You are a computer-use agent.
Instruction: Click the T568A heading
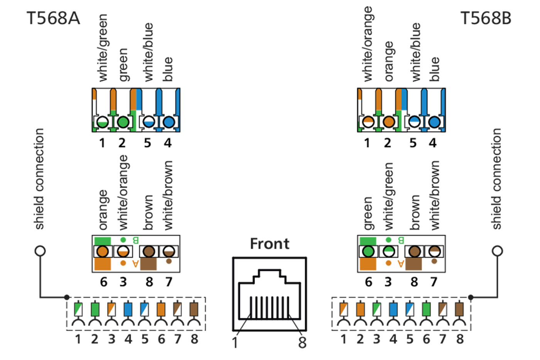point(53,18)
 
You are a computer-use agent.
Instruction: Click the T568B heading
point(486,18)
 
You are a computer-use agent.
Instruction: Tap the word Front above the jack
point(270,244)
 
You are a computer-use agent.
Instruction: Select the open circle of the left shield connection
point(40,251)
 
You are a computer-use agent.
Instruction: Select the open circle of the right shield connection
point(498,251)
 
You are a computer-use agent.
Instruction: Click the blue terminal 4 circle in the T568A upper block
point(169,122)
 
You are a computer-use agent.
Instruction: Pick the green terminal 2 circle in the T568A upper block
point(123,122)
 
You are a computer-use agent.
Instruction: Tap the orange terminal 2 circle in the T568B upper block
point(389,122)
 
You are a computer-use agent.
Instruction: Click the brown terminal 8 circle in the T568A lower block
point(149,252)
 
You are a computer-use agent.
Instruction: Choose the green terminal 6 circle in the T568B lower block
point(368,252)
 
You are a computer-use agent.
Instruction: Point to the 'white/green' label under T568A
point(103,48)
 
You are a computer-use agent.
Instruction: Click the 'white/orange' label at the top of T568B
point(368,44)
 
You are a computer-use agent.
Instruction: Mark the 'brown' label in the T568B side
point(415,212)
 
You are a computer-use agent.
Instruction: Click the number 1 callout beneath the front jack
point(235,342)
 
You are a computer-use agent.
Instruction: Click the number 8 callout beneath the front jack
point(302,342)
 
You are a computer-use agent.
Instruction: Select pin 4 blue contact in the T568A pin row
point(128,309)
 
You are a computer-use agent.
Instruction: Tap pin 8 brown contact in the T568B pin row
point(459,309)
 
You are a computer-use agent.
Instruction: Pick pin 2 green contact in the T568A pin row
point(95,309)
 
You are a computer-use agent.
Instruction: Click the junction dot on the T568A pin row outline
point(67,297)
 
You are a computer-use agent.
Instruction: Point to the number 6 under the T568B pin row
point(426,339)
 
